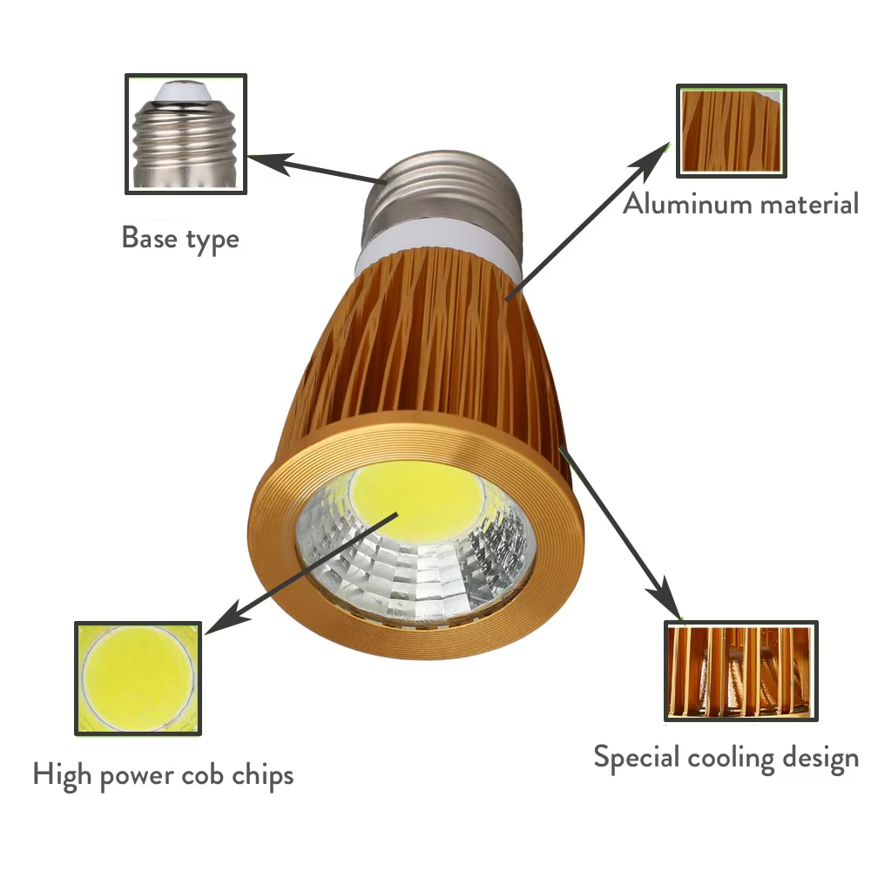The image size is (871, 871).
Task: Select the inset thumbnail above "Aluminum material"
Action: point(732,132)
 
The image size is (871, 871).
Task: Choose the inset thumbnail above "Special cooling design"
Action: point(740,671)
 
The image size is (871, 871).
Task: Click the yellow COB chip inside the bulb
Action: point(416,501)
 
